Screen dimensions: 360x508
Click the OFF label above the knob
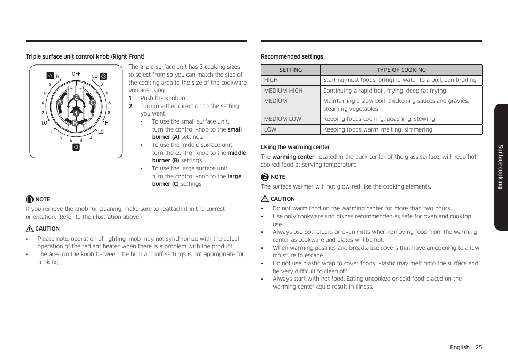coord(76,74)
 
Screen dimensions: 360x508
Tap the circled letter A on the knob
coord(60,102)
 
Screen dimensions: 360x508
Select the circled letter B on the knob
coord(75,123)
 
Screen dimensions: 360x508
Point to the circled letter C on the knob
coord(92,102)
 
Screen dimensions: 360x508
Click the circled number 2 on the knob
coord(76,97)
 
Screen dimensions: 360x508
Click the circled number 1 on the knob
coord(76,113)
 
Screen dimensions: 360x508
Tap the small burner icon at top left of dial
coord(50,76)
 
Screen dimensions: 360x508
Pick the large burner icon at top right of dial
coord(103,76)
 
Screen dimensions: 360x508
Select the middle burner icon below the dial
coord(76,147)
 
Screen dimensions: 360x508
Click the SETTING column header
coord(290,70)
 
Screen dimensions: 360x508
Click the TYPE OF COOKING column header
coord(401,70)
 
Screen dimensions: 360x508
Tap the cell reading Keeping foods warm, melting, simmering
coord(378,129)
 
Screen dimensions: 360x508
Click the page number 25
coord(479,347)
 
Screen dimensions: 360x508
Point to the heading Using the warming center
coord(295,147)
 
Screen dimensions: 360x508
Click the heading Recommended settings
coord(292,56)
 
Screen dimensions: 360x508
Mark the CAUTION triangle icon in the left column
coord(29,228)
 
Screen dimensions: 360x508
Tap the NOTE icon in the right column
coord(265,177)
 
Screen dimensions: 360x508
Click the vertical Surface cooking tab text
coord(501,167)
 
